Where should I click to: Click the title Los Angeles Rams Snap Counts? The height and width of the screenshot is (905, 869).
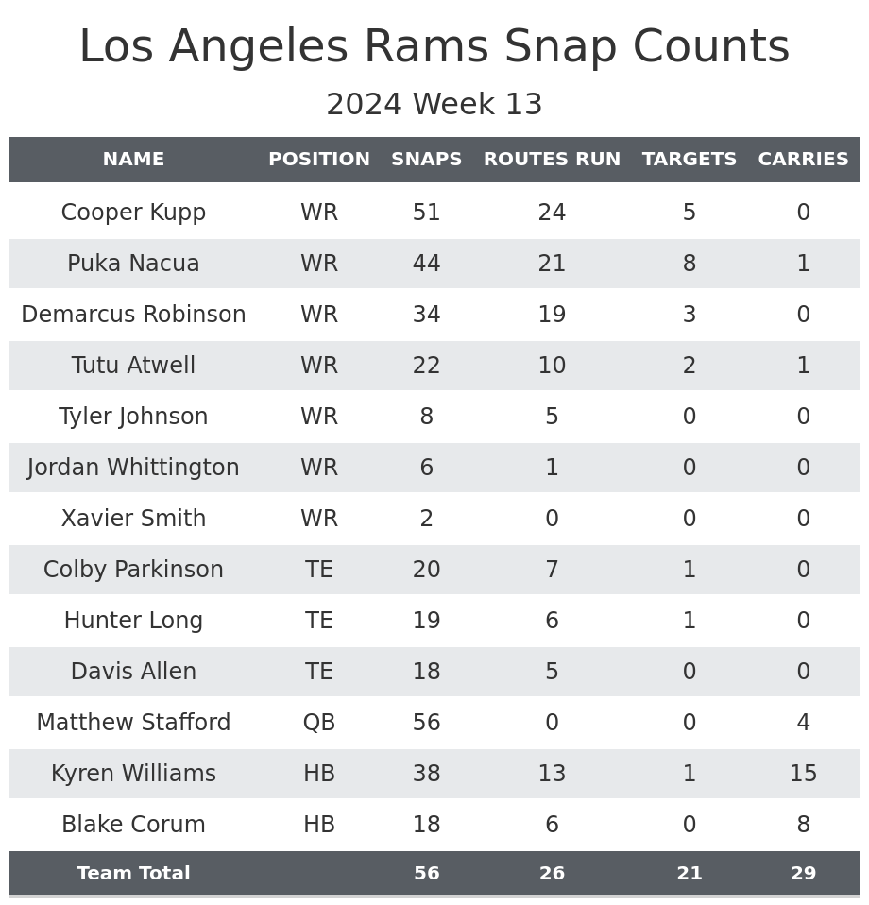(x=434, y=47)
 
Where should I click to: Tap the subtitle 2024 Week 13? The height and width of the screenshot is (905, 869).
(x=434, y=105)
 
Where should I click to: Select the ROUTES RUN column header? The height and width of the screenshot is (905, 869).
(x=552, y=160)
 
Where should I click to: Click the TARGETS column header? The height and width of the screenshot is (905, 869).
(x=689, y=160)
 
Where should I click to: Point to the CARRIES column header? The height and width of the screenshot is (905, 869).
(x=803, y=160)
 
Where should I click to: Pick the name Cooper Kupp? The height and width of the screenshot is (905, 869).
(x=133, y=213)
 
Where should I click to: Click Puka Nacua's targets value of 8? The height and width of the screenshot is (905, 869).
(x=689, y=264)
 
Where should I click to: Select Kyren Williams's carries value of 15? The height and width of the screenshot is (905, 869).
(x=803, y=774)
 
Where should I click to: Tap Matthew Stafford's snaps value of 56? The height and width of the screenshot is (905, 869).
(x=426, y=723)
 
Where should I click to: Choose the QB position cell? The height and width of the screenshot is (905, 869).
(x=319, y=723)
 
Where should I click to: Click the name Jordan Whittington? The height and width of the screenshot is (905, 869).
(x=133, y=468)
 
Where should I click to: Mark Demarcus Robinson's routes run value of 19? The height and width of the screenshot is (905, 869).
(x=552, y=315)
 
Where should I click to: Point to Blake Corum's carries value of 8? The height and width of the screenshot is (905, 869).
(x=803, y=825)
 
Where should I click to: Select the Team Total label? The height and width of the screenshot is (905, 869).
(x=133, y=874)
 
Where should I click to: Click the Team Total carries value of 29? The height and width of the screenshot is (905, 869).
(x=803, y=874)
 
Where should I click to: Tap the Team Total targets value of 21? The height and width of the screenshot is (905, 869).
(x=689, y=874)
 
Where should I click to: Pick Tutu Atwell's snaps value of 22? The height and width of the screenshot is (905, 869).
(x=426, y=366)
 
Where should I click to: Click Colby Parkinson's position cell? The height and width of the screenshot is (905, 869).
(x=319, y=570)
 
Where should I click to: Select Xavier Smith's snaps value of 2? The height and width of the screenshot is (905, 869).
(x=426, y=519)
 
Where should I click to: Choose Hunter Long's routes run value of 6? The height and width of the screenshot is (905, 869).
(x=552, y=621)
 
